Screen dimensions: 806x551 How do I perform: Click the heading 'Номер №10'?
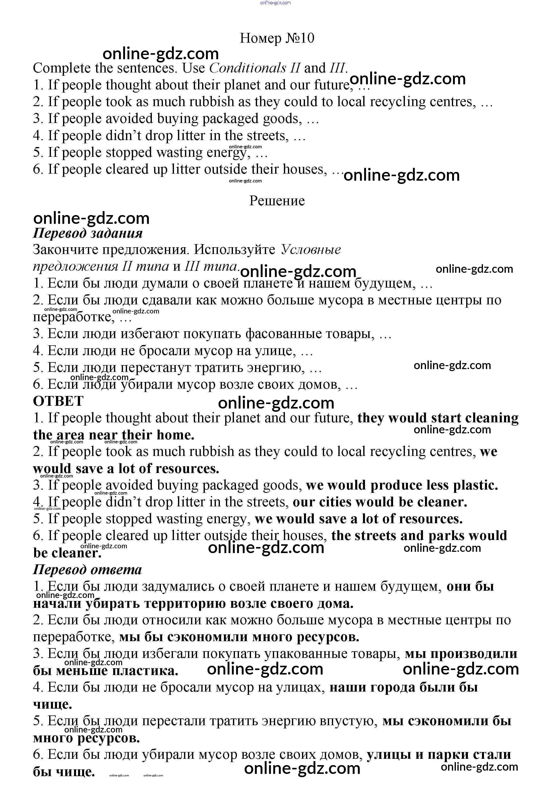[277, 38]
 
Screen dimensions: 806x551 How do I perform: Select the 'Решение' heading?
[277, 201]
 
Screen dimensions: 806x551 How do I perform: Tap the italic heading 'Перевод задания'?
[88, 233]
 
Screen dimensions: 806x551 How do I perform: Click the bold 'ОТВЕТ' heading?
[58, 401]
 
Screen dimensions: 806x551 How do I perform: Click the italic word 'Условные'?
[311, 250]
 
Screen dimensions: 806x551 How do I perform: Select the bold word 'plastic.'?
[475, 485]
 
